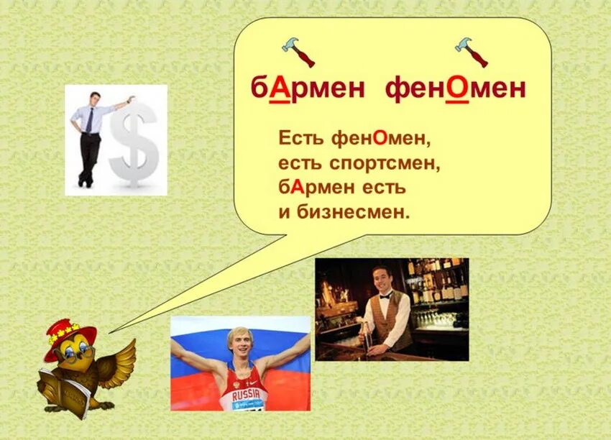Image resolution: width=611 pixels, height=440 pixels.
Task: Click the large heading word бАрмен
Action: point(308,89)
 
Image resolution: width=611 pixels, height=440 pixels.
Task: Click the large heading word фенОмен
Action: point(456,89)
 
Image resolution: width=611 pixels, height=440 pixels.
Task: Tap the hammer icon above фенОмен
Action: point(472,51)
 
